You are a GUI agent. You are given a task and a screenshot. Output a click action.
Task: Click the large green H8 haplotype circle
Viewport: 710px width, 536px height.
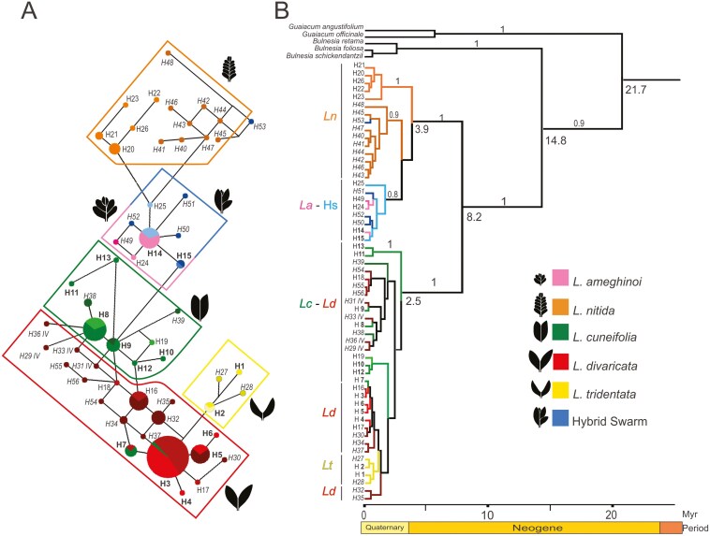tap(94, 329)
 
